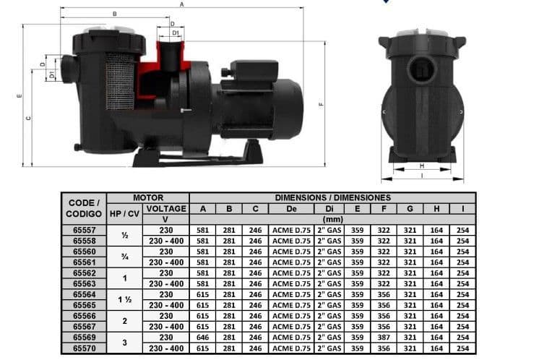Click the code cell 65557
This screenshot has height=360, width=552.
[x=85, y=230]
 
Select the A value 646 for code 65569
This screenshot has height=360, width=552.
[x=203, y=337]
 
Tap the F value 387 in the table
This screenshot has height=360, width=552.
[x=384, y=337]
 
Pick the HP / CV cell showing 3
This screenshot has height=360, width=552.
[x=124, y=343]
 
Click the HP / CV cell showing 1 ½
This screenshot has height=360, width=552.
[x=124, y=300]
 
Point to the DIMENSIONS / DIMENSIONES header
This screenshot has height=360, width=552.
[x=332, y=197]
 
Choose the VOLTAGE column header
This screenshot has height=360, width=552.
[x=166, y=208]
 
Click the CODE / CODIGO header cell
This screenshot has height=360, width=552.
[x=84, y=208]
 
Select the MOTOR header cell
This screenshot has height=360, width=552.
[x=148, y=197]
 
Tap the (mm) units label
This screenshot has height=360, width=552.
[x=332, y=220]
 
